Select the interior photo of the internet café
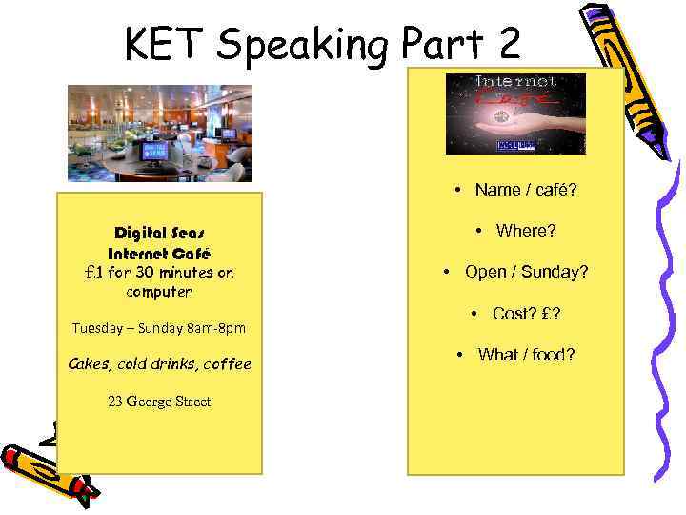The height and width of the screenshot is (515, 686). point(159,133)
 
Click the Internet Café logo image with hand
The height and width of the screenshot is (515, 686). point(515,113)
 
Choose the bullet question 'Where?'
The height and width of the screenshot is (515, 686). point(525,231)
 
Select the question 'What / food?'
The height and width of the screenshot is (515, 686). point(526,355)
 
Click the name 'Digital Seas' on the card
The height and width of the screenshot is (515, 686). point(160,233)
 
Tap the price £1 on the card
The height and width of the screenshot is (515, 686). point(95,272)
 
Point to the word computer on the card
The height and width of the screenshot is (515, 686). point(159,292)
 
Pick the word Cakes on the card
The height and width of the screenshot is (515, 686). point(89,363)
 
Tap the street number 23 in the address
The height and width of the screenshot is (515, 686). point(115,402)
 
